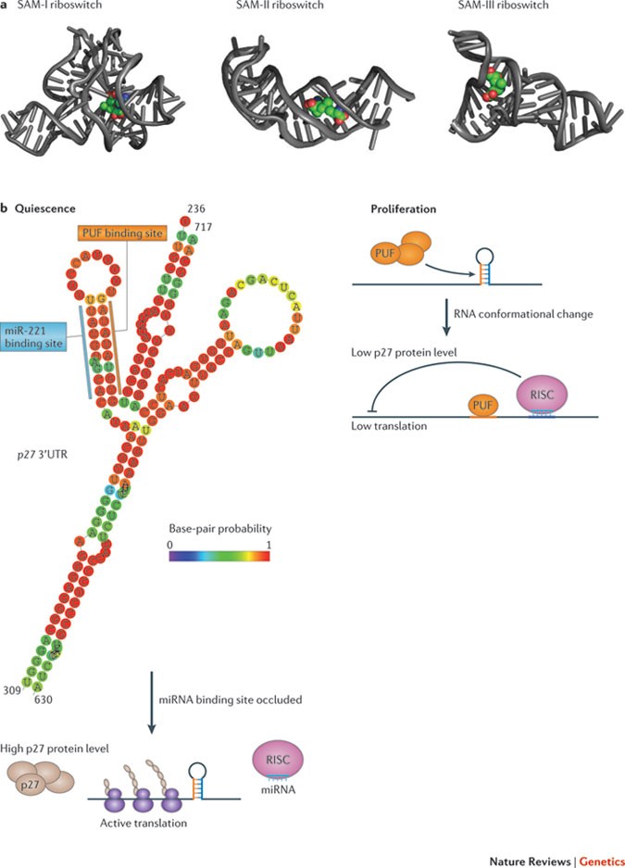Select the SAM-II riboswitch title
[x=277, y=6]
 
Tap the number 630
[x=43, y=701]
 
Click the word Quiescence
[x=44, y=209]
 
